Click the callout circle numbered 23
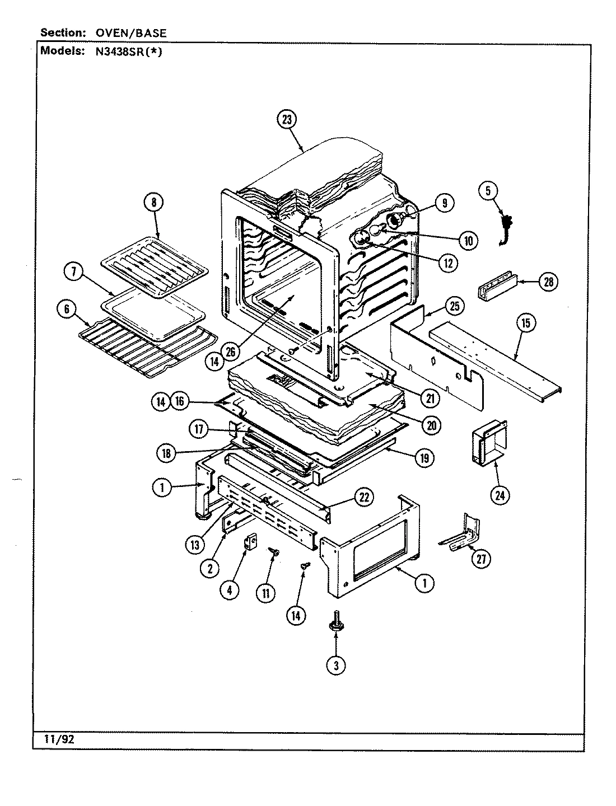[x=287, y=120]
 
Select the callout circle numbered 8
[x=153, y=203]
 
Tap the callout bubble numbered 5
[x=488, y=190]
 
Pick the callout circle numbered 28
[x=548, y=282]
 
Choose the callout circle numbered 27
[x=480, y=559]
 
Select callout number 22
[x=365, y=497]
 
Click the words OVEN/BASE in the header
[x=130, y=33]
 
